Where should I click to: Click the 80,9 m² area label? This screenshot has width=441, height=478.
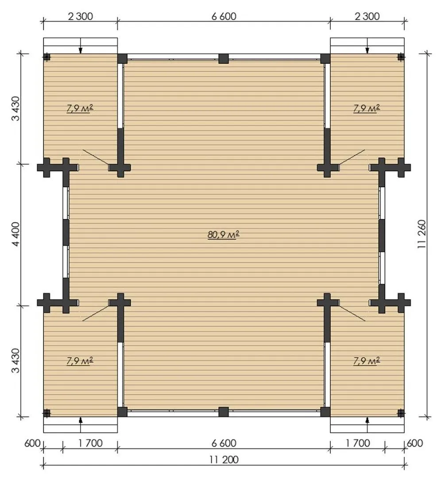click(224, 235)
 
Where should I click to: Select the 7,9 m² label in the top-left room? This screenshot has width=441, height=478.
click(80, 108)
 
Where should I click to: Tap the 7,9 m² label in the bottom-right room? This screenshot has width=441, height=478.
click(367, 361)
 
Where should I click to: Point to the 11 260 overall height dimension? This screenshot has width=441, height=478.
click(422, 234)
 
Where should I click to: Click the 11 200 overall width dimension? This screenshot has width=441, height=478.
click(224, 459)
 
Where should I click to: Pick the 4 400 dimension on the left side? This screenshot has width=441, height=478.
click(15, 234)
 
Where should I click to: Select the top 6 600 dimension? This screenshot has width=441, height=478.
click(224, 16)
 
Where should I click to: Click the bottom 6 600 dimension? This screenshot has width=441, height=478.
click(224, 443)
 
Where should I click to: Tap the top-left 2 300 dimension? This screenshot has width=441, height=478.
click(81, 16)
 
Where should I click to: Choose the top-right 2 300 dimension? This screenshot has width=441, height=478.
click(367, 16)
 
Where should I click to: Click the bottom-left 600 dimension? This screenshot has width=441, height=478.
click(32, 443)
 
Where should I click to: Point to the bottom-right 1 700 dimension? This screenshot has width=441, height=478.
click(358, 443)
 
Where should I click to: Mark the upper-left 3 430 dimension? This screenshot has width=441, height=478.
click(15, 108)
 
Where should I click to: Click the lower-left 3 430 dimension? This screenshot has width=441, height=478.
click(15, 361)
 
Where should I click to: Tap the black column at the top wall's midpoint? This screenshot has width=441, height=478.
click(224, 58)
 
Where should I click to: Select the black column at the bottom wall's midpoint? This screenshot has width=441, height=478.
click(224, 412)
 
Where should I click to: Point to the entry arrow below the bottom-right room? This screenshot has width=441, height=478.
click(367, 424)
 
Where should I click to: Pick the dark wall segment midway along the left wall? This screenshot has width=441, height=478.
click(66, 232)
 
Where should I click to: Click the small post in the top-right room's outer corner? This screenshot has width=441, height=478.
click(401, 57)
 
